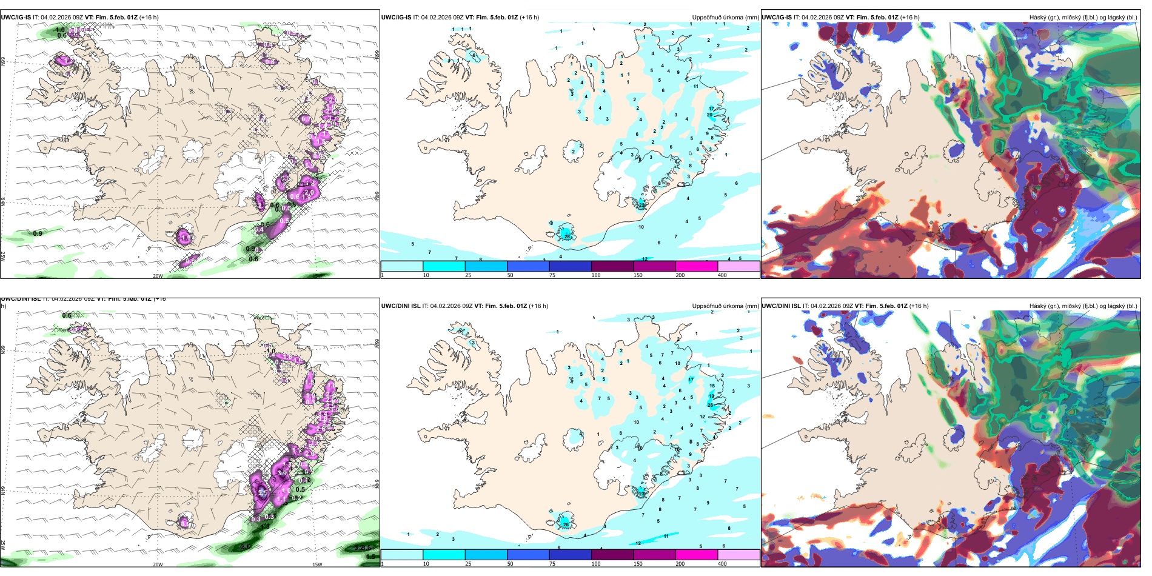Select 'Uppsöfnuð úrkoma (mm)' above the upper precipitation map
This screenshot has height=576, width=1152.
(x=725, y=17)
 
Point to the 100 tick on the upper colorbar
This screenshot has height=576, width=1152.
(x=596, y=275)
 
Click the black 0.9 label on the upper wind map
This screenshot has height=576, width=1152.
(x=38, y=233)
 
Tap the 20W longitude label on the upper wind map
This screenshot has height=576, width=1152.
(x=158, y=276)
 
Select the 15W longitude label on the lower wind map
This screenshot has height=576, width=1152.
(x=316, y=564)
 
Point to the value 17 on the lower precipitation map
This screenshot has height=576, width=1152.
(x=691, y=380)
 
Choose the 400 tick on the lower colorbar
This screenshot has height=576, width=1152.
(x=722, y=564)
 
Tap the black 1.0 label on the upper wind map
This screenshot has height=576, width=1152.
(x=60, y=30)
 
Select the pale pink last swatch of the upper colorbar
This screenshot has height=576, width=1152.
(x=738, y=266)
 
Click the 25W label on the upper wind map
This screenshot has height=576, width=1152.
(x=3, y=256)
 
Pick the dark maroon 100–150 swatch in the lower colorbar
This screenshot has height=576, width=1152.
(x=612, y=554)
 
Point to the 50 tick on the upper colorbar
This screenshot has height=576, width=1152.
(x=510, y=275)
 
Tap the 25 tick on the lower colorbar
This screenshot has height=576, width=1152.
(x=467, y=564)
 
